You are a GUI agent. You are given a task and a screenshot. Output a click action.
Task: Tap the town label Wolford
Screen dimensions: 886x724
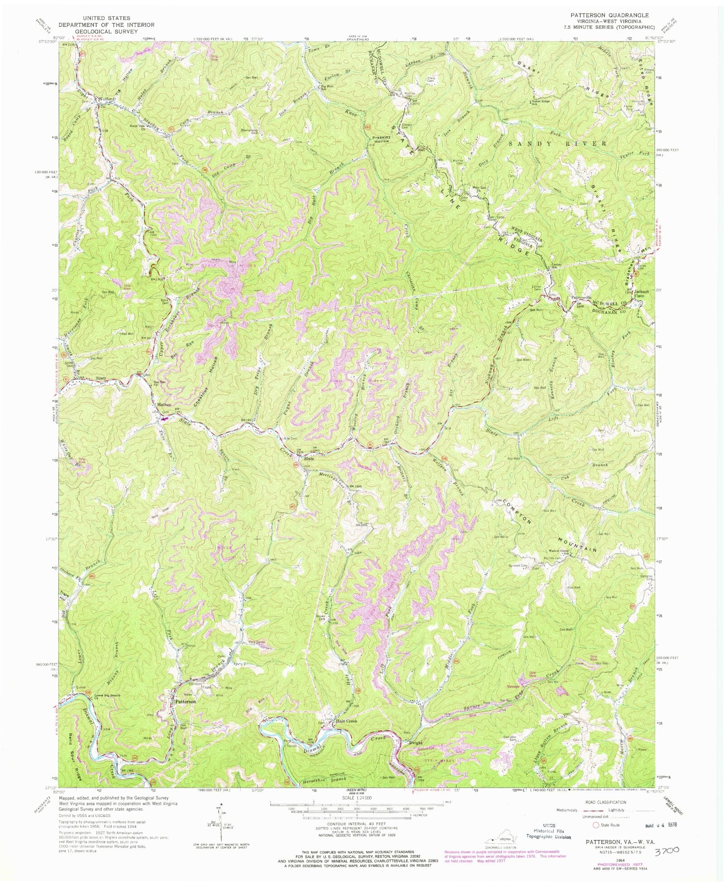coord(104,98)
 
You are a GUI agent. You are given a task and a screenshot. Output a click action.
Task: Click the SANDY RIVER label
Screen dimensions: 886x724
coord(557,143)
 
